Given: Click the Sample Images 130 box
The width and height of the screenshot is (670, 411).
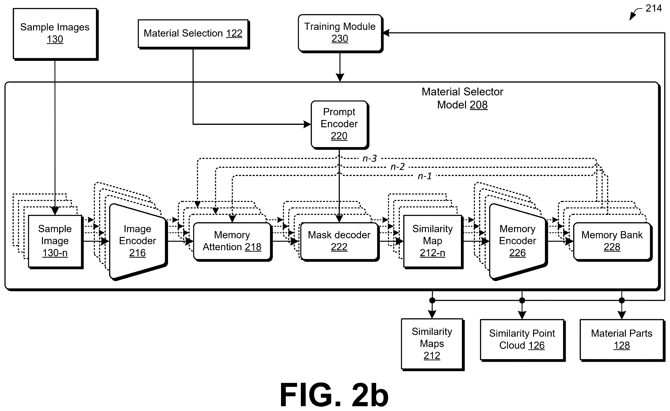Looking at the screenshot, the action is (x=56, y=34).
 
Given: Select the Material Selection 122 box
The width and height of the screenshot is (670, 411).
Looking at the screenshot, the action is (x=194, y=34).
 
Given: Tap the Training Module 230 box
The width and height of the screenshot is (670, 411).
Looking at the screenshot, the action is (x=340, y=33).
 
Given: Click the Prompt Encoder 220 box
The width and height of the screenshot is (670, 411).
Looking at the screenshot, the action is (x=340, y=125).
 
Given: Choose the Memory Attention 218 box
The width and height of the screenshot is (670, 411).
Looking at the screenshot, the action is (x=233, y=241).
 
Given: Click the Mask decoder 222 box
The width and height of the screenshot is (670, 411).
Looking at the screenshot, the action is (x=340, y=241).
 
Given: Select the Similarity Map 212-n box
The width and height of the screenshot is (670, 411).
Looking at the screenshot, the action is (x=433, y=241).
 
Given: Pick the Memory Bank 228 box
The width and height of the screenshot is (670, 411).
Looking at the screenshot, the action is (x=613, y=241).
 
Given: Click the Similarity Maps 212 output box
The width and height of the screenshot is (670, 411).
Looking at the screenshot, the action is (x=432, y=344).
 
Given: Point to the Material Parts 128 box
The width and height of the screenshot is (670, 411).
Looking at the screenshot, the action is (x=622, y=340).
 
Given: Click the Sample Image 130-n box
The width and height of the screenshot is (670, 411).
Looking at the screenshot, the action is (x=55, y=241).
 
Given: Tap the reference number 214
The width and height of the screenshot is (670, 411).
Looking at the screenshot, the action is (x=654, y=8).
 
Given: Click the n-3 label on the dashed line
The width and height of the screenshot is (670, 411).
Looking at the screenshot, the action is (x=370, y=158).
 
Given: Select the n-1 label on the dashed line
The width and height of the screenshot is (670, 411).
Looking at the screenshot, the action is (x=425, y=176).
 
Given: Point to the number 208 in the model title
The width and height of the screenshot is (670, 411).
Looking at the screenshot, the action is (x=479, y=105).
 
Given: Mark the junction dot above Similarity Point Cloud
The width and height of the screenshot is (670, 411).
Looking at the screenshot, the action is (x=522, y=300).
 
